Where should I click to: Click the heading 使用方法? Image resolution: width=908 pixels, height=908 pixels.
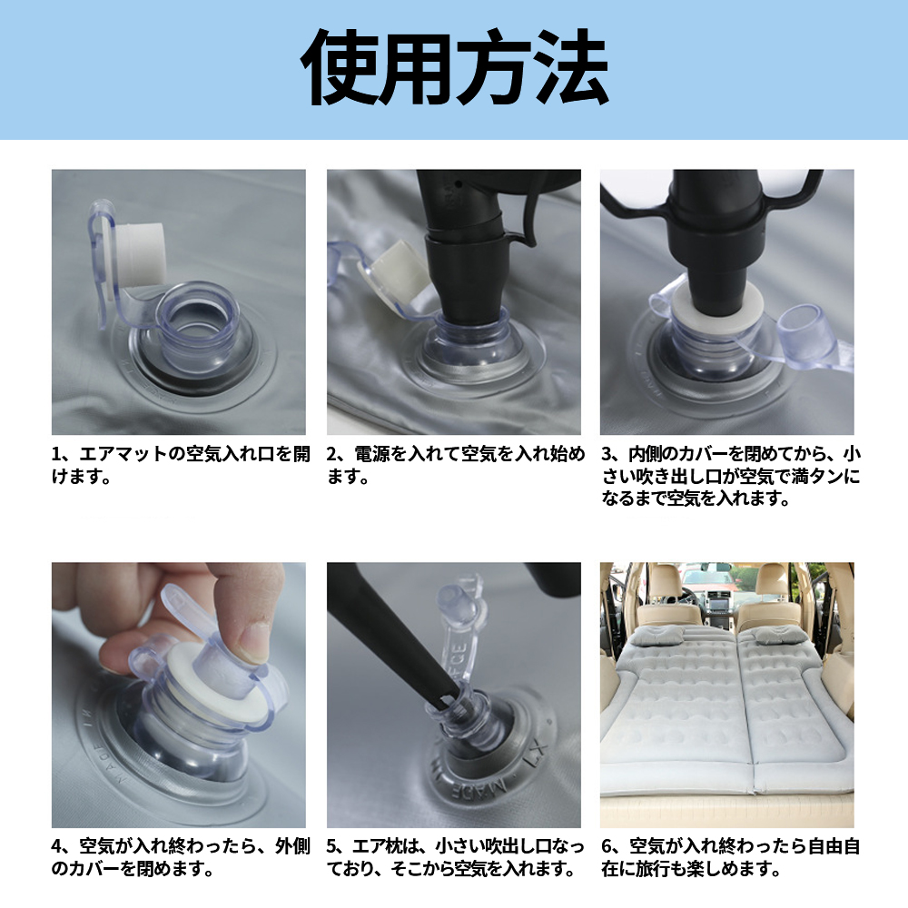point(455,68)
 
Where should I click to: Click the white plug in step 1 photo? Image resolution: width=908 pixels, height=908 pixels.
point(140,252)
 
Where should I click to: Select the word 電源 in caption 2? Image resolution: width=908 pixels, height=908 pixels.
point(371,454)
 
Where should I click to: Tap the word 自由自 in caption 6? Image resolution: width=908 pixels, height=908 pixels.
point(834,846)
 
